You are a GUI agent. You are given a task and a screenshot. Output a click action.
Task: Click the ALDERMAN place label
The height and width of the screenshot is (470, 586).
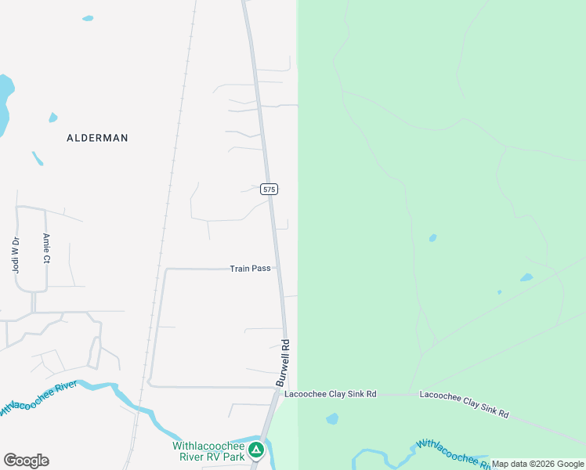[97, 138]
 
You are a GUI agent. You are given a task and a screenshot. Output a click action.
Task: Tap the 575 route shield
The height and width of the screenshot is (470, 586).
[269, 190]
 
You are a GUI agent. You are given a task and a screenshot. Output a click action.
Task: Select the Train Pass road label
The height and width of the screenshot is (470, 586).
[250, 269]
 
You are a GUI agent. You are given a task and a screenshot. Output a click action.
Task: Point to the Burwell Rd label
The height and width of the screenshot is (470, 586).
[283, 362]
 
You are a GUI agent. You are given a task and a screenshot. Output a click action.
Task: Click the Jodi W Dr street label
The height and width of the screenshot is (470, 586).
[15, 255]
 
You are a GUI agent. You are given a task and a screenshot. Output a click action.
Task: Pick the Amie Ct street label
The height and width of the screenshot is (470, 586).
[46, 248]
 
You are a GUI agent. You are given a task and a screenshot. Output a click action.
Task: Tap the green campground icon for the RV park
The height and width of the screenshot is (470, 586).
[255, 450]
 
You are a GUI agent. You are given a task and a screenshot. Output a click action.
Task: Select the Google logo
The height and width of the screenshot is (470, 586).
[26, 461]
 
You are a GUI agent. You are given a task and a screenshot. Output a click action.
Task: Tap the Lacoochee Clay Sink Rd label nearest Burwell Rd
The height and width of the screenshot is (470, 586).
[331, 394]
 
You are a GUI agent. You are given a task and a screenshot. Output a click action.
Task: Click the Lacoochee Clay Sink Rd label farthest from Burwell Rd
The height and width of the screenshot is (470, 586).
[464, 403]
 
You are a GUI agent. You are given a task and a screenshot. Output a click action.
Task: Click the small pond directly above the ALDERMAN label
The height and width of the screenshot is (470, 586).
[52, 118]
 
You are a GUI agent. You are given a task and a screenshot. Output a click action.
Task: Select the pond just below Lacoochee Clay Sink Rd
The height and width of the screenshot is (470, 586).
[332, 419]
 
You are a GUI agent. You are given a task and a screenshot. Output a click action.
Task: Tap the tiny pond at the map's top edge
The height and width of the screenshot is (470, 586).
[88, 18]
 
